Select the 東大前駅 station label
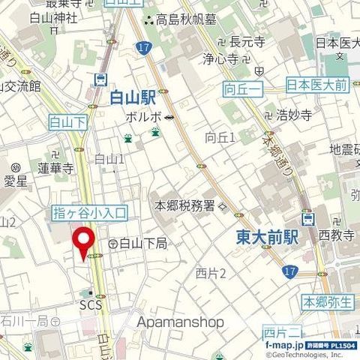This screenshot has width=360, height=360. click(267, 237)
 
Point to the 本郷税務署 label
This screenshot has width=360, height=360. click(184, 205)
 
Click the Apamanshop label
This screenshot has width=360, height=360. click(181, 322)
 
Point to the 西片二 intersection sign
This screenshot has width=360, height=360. click(283, 332)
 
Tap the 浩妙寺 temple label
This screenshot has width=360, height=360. click(294, 115)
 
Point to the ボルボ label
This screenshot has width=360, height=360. click(145, 117)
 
